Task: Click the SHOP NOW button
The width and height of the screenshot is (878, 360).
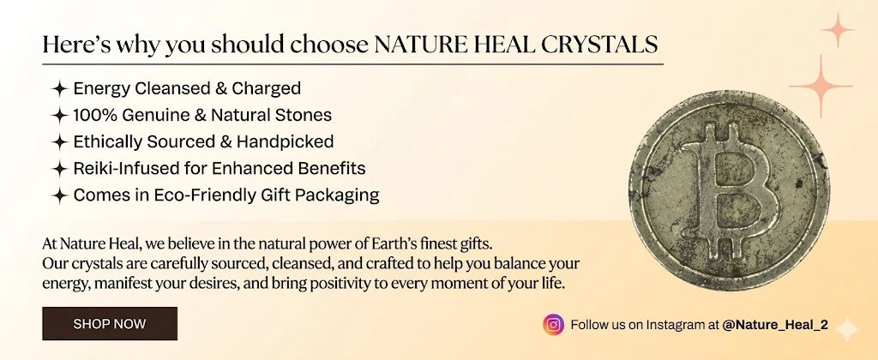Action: (x=110, y=324)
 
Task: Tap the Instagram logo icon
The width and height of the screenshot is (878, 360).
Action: (x=553, y=325)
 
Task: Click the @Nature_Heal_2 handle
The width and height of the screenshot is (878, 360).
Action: (x=775, y=325)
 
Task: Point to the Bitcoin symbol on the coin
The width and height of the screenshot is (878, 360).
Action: (x=729, y=191)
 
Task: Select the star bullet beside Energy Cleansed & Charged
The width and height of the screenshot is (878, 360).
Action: (x=59, y=88)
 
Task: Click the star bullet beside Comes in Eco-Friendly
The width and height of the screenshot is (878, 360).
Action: (x=59, y=196)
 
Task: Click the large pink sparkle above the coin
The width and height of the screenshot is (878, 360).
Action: (x=821, y=87)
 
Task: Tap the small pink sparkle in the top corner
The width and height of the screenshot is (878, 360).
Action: (x=838, y=30)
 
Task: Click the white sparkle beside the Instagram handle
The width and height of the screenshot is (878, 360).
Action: (x=846, y=329)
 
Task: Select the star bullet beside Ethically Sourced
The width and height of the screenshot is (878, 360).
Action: (x=59, y=142)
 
